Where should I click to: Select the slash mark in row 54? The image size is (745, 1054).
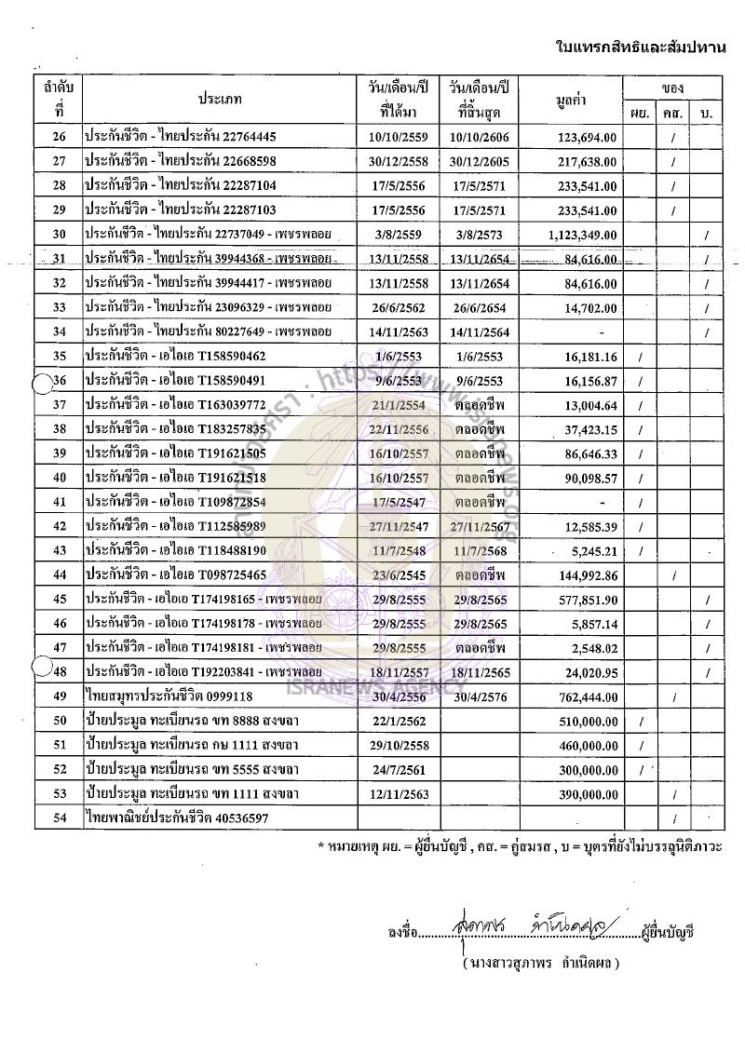point(672,818)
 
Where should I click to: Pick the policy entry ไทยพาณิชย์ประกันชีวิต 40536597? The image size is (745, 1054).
point(176,818)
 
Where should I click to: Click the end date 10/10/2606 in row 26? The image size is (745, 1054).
point(481,138)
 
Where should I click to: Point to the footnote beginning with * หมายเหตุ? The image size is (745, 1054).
point(521,847)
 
